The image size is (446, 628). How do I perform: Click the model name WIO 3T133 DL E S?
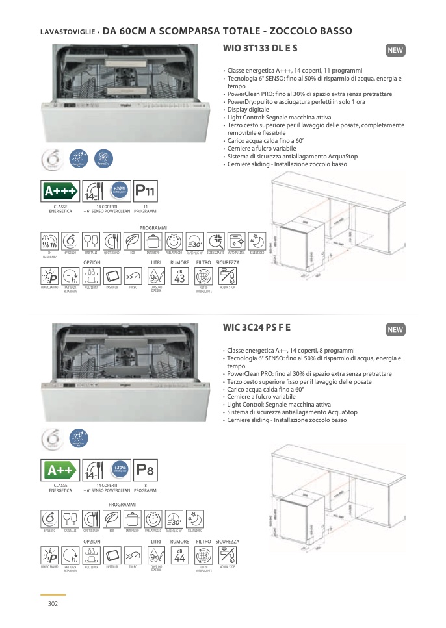[x=260, y=48]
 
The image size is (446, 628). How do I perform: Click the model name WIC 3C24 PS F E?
[x=257, y=327]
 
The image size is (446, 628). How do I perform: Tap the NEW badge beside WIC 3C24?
[x=395, y=330]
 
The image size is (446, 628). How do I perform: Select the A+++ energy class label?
[x=60, y=192]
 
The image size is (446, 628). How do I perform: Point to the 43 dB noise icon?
[x=180, y=277]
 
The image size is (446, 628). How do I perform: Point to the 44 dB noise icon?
[x=180, y=556]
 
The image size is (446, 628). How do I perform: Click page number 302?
[x=53, y=604]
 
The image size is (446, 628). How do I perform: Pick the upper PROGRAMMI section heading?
[x=153, y=228]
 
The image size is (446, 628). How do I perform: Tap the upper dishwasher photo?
[x=127, y=94]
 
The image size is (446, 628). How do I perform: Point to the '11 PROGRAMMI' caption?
[x=146, y=209]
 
